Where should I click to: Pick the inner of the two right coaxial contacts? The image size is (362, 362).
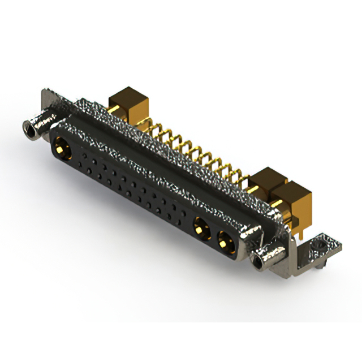tap(199, 229)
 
